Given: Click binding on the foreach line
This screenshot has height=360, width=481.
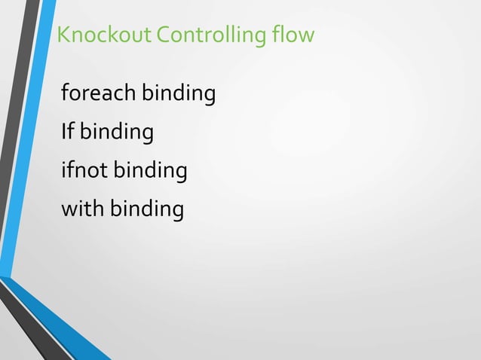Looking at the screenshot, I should pyautogui.click(x=179, y=95).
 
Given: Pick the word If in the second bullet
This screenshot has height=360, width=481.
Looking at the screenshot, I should pyautogui.click(x=67, y=133).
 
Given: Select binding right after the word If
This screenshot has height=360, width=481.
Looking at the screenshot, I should pyautogui.click(x=117, y=133).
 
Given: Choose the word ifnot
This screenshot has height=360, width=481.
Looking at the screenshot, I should pyautogui.click(x=84, y=171).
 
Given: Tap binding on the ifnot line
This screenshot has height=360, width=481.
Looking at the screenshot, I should pyautogui.click(x=150, y=172).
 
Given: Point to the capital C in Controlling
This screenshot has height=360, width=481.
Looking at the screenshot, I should pyautogui.click(x=162, y=35).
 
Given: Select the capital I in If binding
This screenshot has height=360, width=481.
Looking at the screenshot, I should pyautogui.click(x=64, y=133).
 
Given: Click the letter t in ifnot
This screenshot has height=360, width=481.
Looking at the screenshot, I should pyautogui.click(x=105, y=171).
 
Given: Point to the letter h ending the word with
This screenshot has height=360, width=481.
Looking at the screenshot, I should pyautogui.click(x=100, y=209).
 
